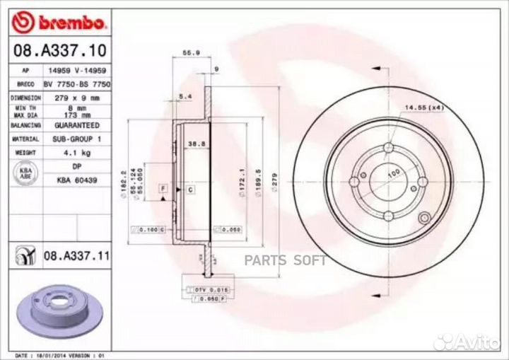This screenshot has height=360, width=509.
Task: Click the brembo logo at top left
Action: click(59, 23)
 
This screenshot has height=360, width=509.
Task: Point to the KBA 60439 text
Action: click(76, 181)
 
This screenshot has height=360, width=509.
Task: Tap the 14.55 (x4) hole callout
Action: click(423, 108)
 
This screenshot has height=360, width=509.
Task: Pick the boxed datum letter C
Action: click(191, 190)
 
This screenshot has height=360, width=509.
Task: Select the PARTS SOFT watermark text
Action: click(286, 260)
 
